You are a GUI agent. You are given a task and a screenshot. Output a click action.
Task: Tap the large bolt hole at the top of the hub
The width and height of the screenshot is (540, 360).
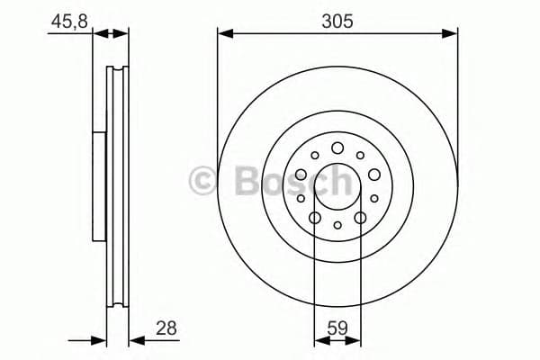tap(337, 148)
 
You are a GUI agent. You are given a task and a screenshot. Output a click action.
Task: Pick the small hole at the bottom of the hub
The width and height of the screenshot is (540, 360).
tap(337, 226)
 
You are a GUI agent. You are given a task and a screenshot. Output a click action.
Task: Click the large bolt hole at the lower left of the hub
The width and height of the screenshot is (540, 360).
tap(315, 218)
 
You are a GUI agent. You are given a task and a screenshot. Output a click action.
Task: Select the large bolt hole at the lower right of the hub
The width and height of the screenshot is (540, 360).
tap(360, 218)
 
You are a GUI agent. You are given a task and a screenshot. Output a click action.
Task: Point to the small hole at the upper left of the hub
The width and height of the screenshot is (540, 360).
tap(315, 156)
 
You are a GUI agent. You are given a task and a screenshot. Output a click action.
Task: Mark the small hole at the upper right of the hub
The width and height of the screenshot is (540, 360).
tap(360, 156)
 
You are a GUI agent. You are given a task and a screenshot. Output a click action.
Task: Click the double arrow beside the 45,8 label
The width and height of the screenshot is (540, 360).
tap(112, 34)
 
